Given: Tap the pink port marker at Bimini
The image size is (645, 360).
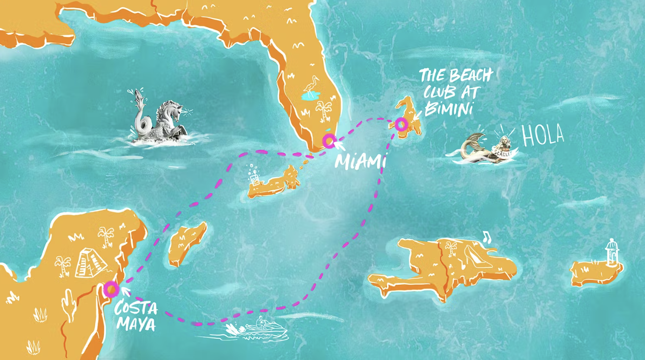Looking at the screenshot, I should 401,125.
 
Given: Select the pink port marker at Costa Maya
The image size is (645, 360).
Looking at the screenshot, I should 111,289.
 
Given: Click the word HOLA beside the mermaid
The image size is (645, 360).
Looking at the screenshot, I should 543,137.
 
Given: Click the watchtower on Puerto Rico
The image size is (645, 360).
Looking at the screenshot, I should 612,252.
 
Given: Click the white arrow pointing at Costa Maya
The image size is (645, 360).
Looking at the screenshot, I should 126,291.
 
